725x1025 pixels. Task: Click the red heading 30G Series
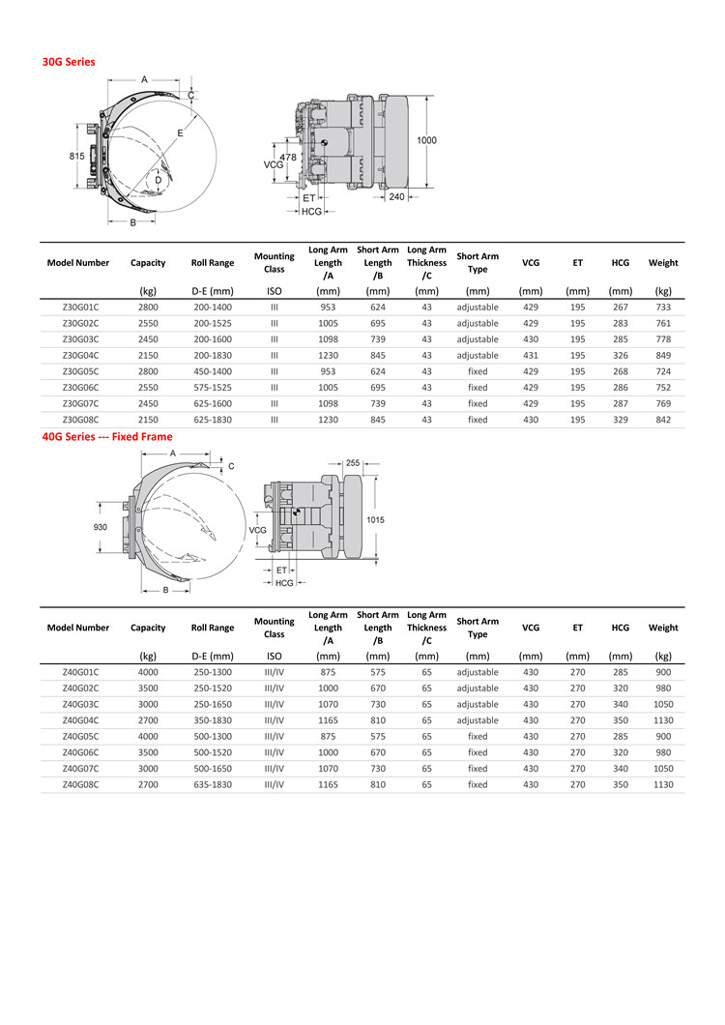tap(68, 61)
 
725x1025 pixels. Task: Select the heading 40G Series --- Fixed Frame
tap(106, 436)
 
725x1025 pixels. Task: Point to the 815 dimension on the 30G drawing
tap(76, 156)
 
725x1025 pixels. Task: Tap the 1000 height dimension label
tap(426, 140)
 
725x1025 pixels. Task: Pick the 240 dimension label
tap(396, 196)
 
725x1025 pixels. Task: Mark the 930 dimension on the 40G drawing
tap(101, 527)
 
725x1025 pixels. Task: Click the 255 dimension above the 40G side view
tap(353, 463)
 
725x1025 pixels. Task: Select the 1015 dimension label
tap(376, 520)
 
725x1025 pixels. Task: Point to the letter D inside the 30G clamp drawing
tap(158, 179)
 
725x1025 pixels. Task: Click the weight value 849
tap(663, 355)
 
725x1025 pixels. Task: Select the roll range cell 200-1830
tap(213, 355)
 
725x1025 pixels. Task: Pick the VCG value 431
tap(531, 355)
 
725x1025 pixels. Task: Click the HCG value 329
tap(620, 420)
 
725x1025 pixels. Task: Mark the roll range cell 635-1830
tap(213, 784)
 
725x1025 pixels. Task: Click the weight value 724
tap(663, 371)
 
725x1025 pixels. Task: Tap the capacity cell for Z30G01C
tap(148, 307)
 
